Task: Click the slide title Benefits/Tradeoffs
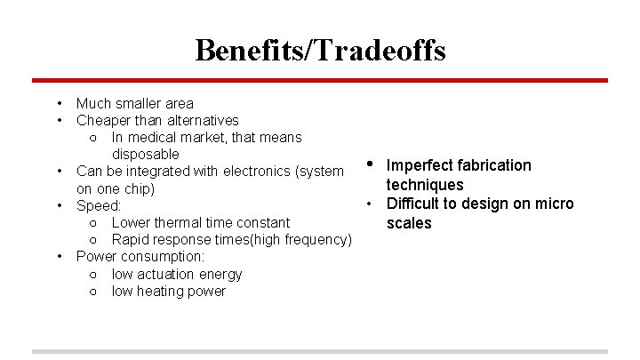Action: (x=320, y=50)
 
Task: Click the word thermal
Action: (x=184, y=222)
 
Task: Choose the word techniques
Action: (x=425, y=184)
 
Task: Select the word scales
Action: (x=409, y=223)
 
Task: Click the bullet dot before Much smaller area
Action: (x=58, y=103)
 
